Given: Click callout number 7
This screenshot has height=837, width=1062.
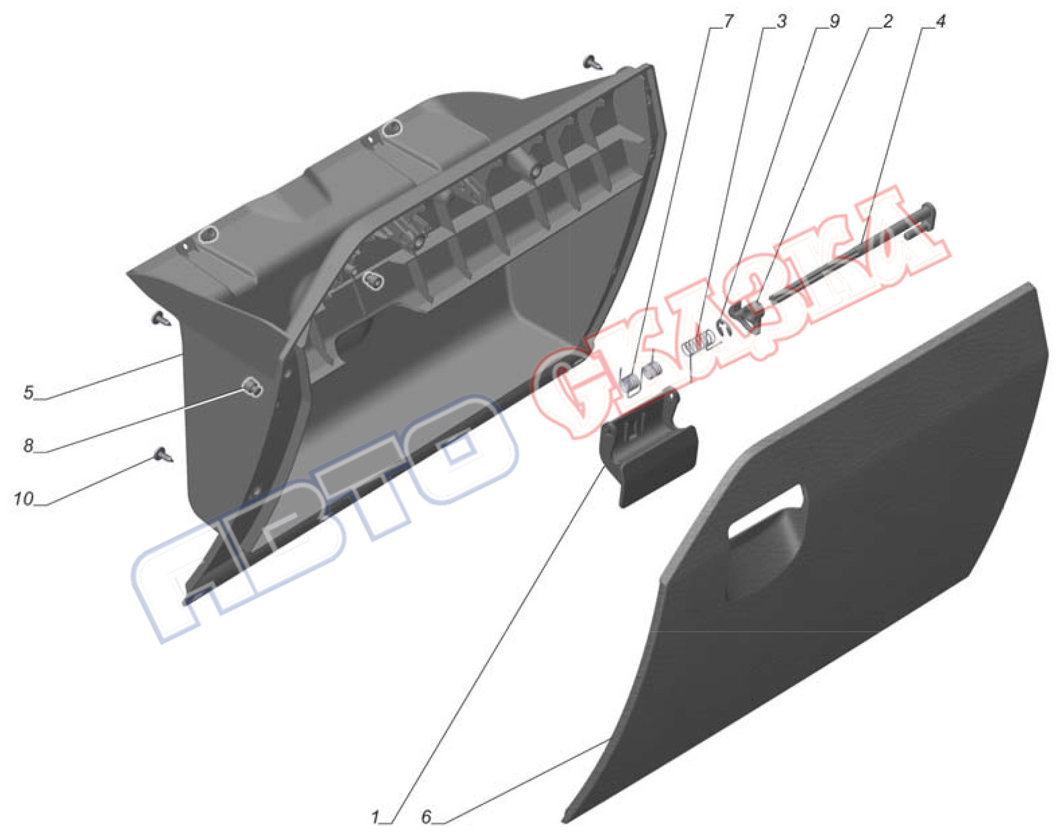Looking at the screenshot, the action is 729,21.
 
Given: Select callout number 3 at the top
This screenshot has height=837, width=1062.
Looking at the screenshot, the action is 781,21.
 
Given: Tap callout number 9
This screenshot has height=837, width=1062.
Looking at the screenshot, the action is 834,21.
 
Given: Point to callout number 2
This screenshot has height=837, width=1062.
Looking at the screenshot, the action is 887,21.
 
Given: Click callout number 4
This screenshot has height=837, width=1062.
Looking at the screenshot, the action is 940,21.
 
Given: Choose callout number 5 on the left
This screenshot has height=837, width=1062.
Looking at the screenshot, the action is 29,392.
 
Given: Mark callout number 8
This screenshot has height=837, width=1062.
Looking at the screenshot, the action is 29,445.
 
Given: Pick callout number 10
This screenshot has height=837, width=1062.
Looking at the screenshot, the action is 23,498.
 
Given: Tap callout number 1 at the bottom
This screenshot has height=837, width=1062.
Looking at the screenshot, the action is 376,818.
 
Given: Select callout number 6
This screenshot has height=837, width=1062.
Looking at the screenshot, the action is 426,818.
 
